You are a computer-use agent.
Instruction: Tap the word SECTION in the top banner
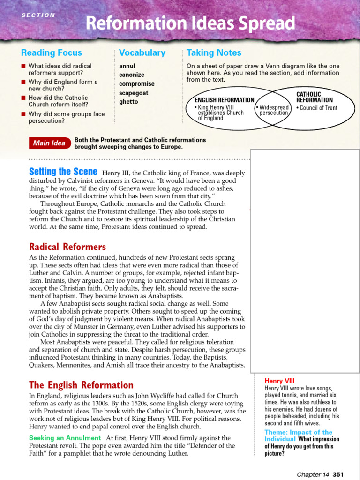(38, 15)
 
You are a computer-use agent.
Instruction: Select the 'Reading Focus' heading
(52, 53)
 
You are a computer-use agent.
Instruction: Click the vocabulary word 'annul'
(127, 66)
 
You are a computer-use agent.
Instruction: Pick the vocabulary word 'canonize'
(132, 75)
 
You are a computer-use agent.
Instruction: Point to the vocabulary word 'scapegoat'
(134, 93)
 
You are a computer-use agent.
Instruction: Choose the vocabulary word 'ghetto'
(128, 102)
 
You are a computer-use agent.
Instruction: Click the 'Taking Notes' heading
(214, 53)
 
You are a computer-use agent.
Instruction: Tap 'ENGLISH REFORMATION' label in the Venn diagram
(225, 100)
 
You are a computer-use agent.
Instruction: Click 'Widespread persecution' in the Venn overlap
(274, 110)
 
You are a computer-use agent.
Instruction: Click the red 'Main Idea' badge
(49, 143)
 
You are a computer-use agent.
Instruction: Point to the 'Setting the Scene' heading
(63, 172)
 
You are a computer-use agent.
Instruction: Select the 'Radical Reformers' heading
(67, 247)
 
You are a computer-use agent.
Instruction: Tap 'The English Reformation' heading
(81, 385)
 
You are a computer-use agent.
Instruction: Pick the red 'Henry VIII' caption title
(279, 381)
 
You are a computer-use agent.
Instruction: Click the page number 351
(338, 474)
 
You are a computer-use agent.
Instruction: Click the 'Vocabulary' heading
(142, 53)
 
